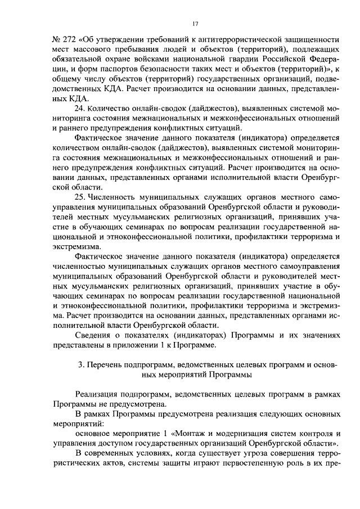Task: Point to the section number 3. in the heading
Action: pos(81,365)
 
